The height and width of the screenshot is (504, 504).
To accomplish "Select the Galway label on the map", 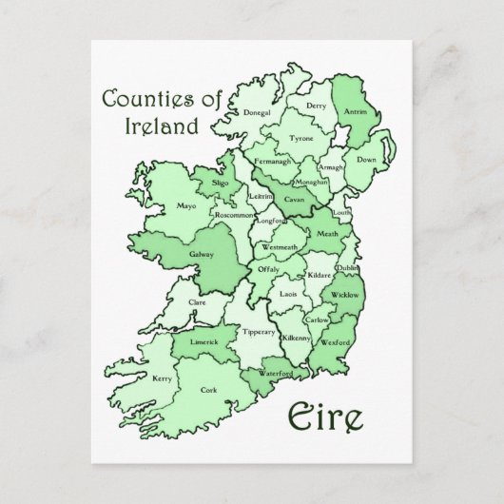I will point(202,256).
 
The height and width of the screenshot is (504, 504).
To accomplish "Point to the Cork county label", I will point(208,389).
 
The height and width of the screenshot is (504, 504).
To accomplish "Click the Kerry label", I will point(163,378).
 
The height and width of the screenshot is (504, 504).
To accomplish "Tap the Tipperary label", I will point(259,332).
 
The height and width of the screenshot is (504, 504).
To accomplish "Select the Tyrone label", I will point(300,139).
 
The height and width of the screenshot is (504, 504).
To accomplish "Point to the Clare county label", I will point(197,301).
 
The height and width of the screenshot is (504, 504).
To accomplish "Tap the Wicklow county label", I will point(345,296).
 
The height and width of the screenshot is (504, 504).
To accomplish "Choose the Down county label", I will point(366,160).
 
